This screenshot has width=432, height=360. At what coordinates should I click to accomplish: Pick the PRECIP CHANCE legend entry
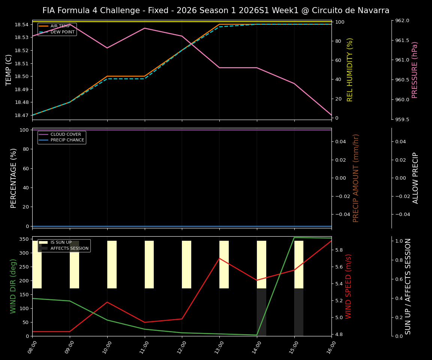pyautogui.click(x=62, y=140)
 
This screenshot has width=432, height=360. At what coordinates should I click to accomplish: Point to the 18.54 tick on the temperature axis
pyautogui.click(x=22, y=25)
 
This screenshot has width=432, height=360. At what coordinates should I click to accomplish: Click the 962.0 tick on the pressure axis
pyautogui.click(x=402, y=21)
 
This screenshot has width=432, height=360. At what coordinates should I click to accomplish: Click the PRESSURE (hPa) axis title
pyautogui.click(x=415, y=70)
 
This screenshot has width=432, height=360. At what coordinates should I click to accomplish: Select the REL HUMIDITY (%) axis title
pyautogui.click(x=350, y=70)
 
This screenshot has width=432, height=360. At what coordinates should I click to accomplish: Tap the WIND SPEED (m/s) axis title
pyautogui.click(x=349, y=286)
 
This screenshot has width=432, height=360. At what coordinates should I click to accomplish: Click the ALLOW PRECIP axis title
pyautogui.click(x=415, y=178)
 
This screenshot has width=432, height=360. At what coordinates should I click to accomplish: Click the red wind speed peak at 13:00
pyautogui.click(x=219, y=258)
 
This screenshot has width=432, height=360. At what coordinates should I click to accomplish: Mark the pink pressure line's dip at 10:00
pyautogui.click(x=107, y=48)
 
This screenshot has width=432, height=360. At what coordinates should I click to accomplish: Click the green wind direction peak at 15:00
pyautogui.click(x=294, y=238)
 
